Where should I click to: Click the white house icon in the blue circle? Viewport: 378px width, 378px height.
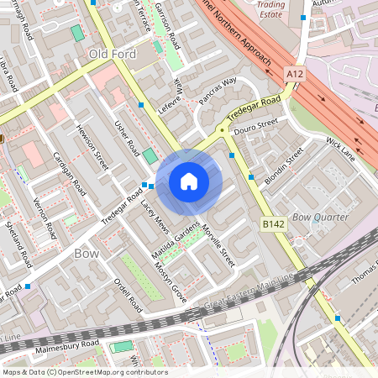pyautogui.click(x=189, y=181)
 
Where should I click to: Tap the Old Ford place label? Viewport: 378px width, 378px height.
pyautogui.click(x=112, y=54)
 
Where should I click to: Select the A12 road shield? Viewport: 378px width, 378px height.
pyautogui.click(x=294, y=75)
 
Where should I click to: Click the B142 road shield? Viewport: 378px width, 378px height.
pyautogui.click(x=272, y=224)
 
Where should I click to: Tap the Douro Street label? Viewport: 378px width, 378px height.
pyautogui.click(x=255, y=126)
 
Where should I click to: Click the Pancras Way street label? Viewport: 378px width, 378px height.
pyautogui.click(x=218, y=92)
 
